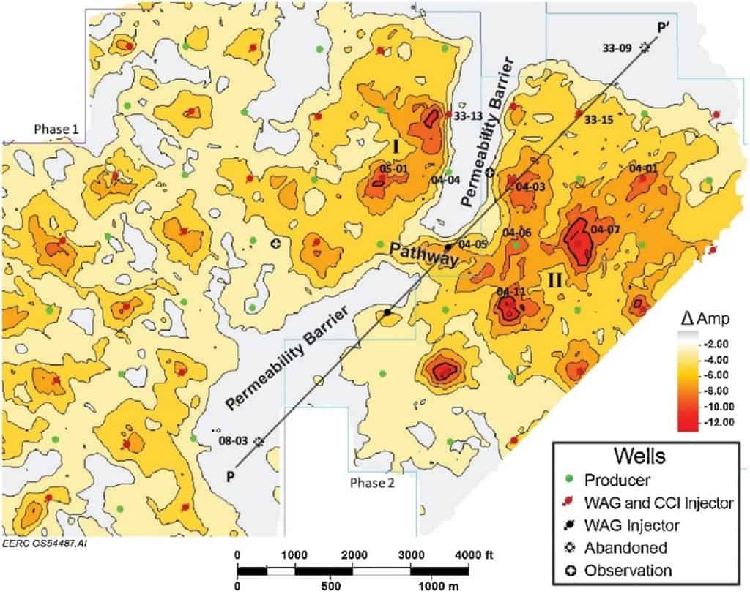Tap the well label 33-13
tap(466, 115)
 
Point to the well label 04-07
tap(605, 229)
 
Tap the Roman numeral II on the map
tap(554, 279)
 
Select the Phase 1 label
tap(57, 129)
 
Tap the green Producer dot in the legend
tap(571, 480)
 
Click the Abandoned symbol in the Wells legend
tap(571, 546)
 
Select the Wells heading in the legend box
tap(645, 456)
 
